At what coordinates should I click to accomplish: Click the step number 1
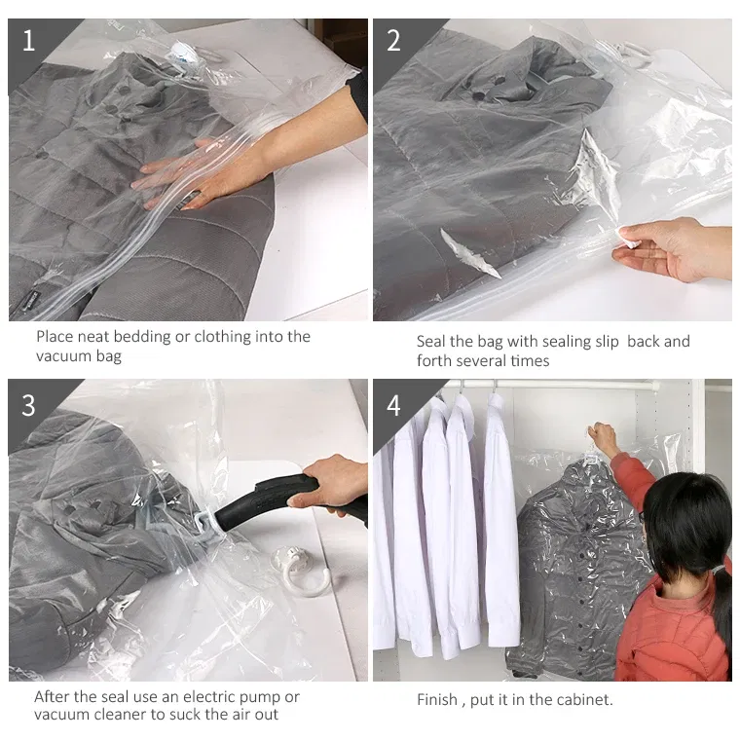pos(29,40)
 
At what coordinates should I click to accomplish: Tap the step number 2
pos(393,40)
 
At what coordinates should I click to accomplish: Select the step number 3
pos(28,405)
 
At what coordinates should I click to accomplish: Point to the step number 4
pos(393,405)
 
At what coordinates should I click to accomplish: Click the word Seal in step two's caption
pos(431,341)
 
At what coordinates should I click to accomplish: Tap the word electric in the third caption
pos(208,696)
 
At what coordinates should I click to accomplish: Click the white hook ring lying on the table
pos(301,571)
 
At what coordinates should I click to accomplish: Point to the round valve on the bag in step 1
pos(185,55)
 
